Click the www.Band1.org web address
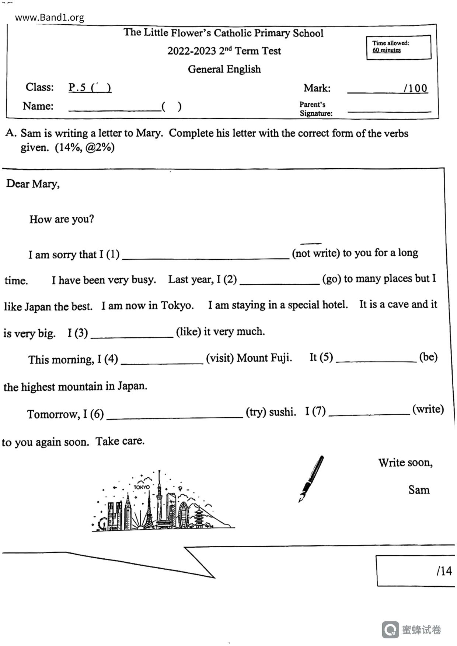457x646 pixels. [49, 17]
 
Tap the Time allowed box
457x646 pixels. [398, 47]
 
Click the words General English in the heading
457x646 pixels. [224, 69]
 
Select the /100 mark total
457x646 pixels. [415, 88]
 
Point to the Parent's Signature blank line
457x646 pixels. [389, 110]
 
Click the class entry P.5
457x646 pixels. [90, 88]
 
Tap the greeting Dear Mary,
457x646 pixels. [33, 183]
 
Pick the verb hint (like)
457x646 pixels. [188, 332]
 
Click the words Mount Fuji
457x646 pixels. [264, 358]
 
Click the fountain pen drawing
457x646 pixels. [311, 478]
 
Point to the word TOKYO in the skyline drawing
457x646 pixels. [142, 487]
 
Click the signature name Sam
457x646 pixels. [419, 490]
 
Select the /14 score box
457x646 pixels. [415, 570]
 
